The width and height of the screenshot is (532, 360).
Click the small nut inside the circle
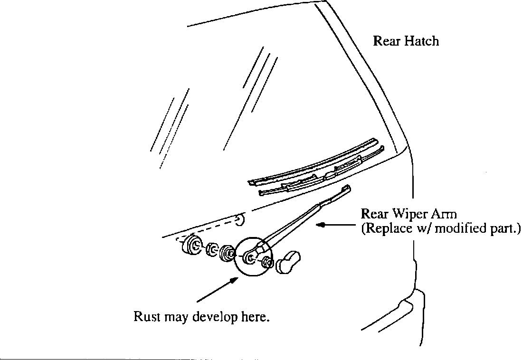266,262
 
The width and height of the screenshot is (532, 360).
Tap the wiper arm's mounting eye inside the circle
250,258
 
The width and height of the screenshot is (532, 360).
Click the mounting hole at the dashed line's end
240,219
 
